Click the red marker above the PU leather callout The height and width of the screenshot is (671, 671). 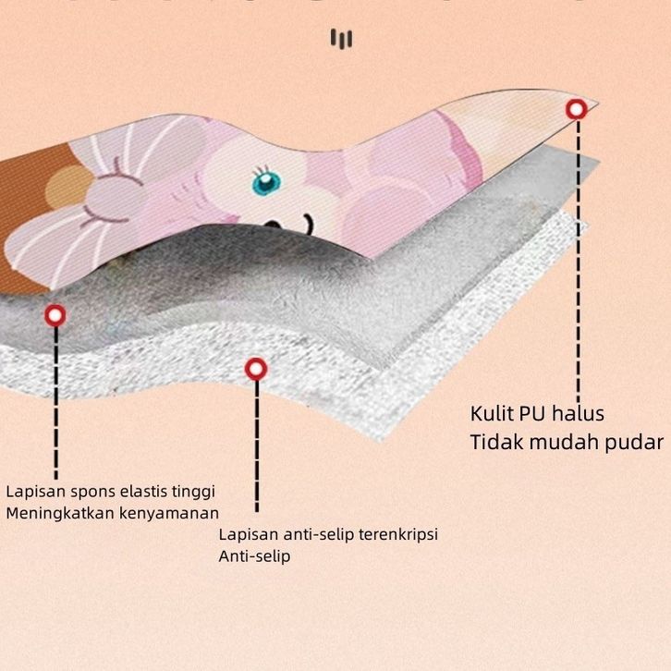coord(577,110)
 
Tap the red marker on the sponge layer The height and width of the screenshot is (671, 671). coord(55,315)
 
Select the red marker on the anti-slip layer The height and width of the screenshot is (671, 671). coord(255,370)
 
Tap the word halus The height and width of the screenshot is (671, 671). coord(579,413)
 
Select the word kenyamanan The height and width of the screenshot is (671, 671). coord(169,513)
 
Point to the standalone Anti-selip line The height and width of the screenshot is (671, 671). coord(254,556)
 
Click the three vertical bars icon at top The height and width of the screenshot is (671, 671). coord(342,39)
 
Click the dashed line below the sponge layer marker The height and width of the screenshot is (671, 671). coord(55,397)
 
